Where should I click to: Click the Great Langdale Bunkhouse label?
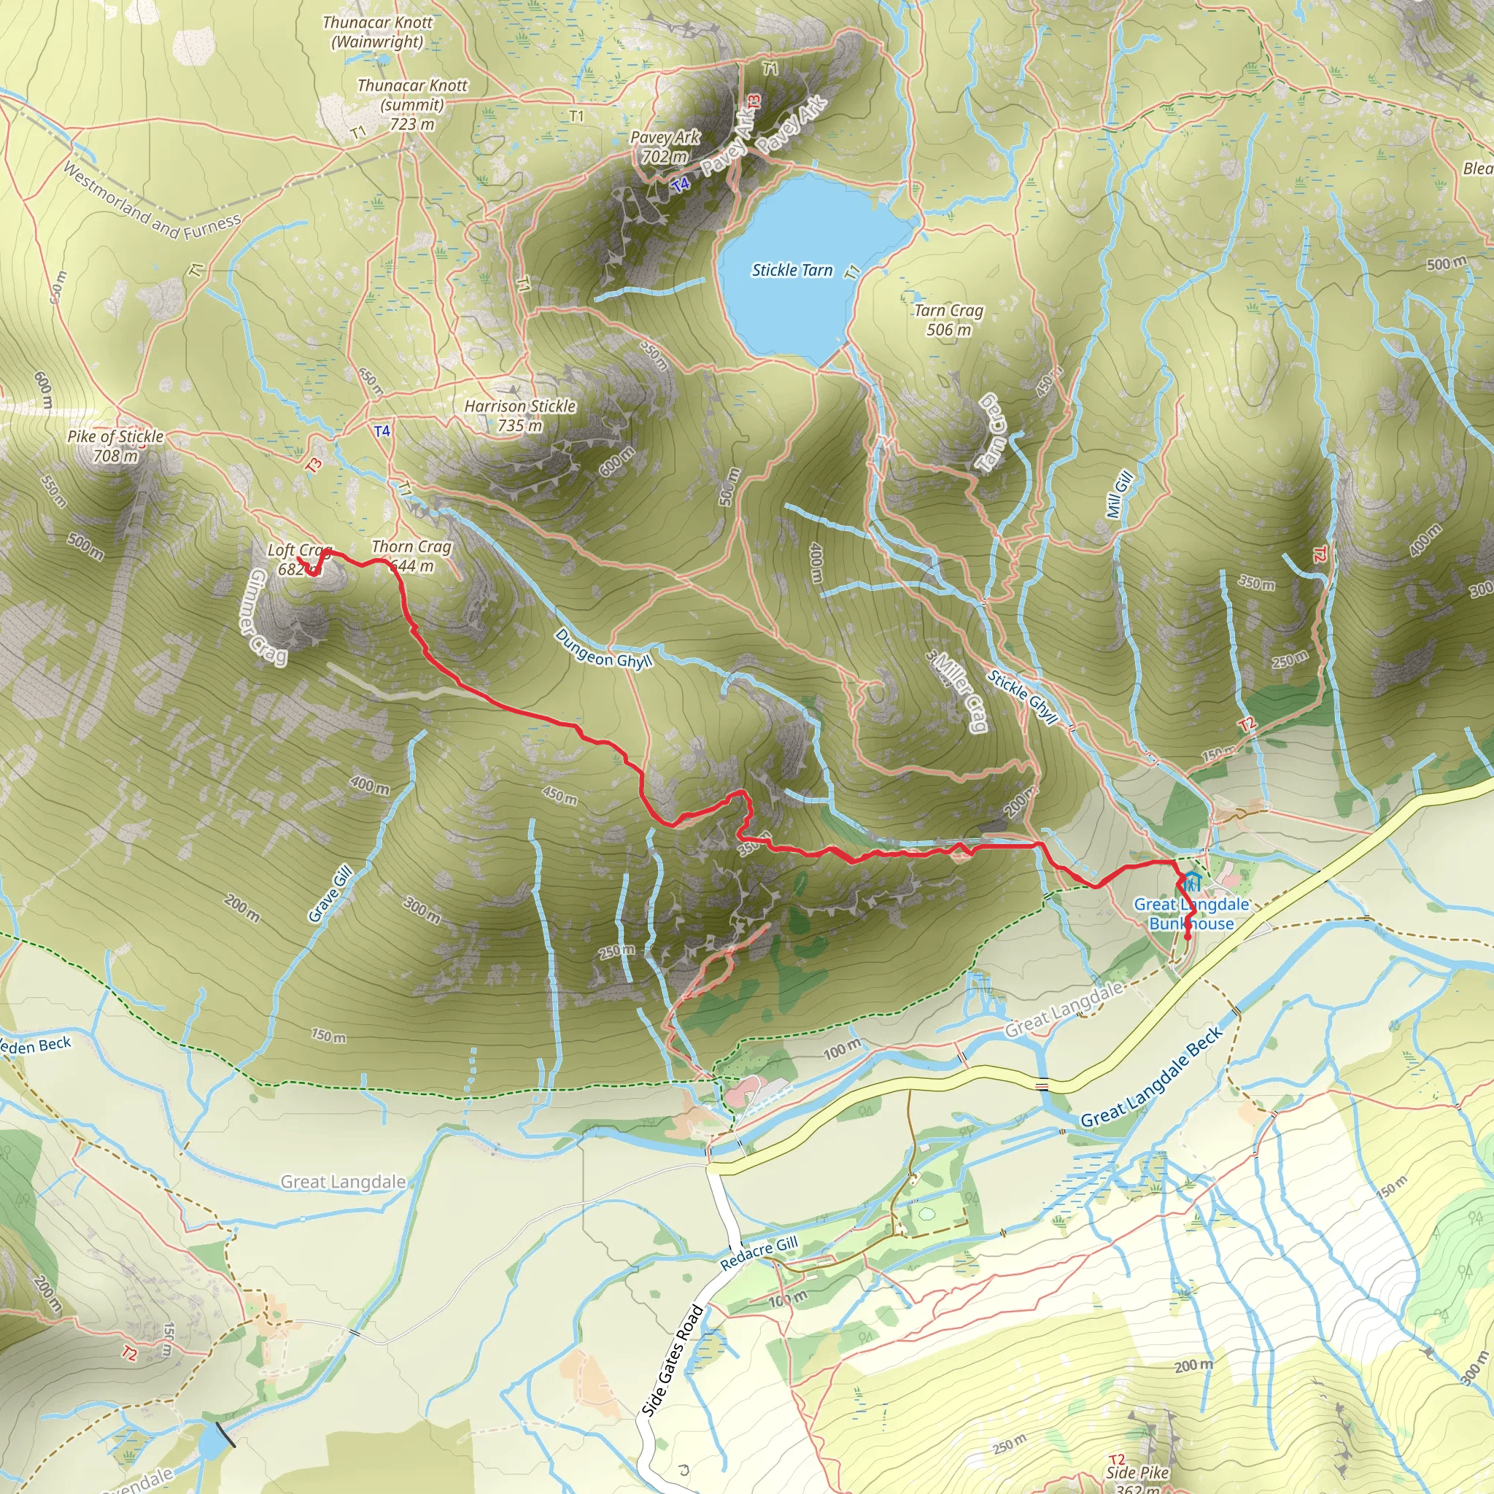[1191, 914]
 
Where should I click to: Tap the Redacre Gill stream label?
[759, 1252]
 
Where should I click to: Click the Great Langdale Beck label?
[1152, 1077]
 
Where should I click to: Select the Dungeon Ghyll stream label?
[604, 649]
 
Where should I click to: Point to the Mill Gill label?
[1119, 494]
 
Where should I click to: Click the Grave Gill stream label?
[330, 894]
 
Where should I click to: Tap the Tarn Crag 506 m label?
[949, 320]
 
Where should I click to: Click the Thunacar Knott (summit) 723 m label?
[412, 104]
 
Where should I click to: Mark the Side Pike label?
[1137, 1472]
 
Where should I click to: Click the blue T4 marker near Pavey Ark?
[681, 185]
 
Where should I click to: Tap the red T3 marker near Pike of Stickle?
[313, 465]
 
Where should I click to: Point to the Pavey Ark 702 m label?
[665, 147]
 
